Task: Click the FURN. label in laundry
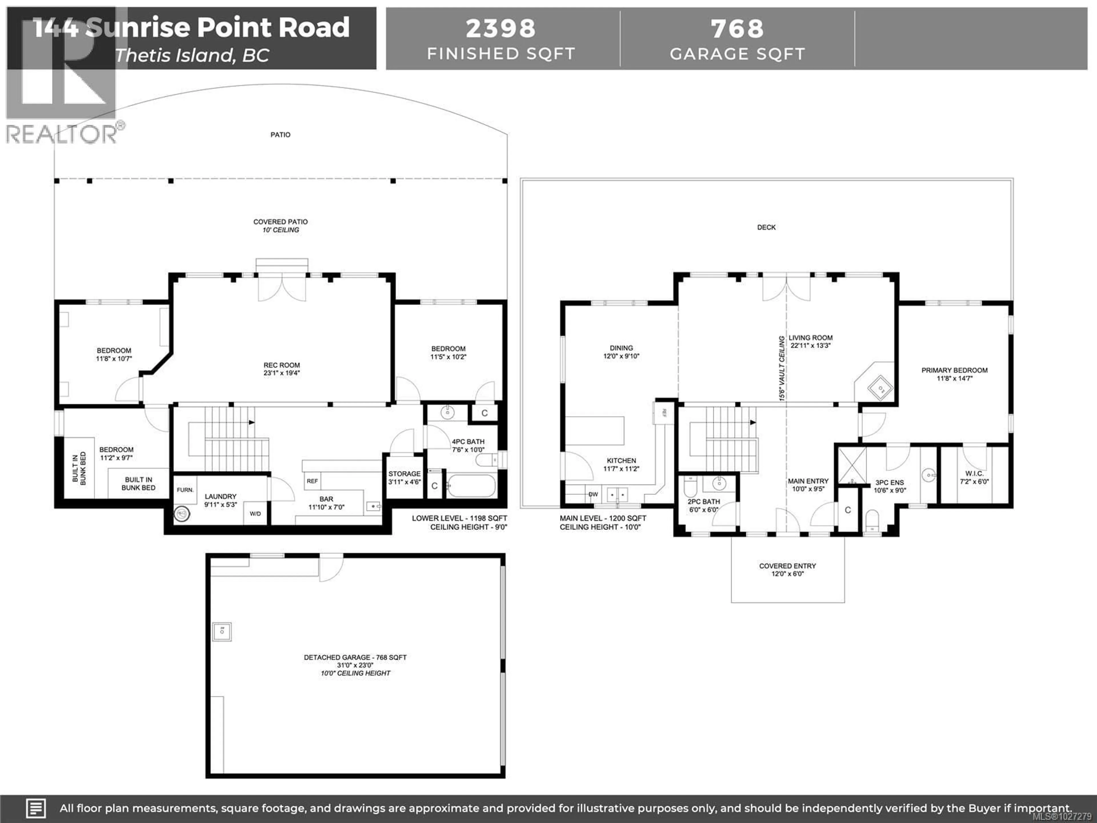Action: tap(185, 490)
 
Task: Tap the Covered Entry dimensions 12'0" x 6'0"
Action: tap(788, 574)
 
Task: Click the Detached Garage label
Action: tap(355, 657)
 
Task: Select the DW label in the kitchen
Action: tap(593, 494)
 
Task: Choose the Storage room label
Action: tap(404, 474)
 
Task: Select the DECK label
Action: tap(766, 227)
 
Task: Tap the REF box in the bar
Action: tap(313, 481)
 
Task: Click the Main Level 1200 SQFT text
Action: tap(602, 518)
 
